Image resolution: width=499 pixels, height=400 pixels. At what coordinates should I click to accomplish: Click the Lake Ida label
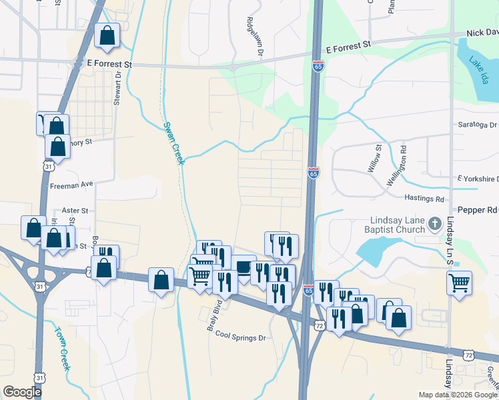coord(478,71)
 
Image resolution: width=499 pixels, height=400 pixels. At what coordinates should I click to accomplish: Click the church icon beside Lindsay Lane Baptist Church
coord(435,223)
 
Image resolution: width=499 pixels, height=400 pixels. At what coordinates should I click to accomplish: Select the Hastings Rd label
coord(424,199)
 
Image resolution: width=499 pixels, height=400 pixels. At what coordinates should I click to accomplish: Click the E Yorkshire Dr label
coord(478,179)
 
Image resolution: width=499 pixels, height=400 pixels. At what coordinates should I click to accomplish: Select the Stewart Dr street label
coord(119,89)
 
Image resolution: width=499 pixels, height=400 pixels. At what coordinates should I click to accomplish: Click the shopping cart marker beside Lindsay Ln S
coord(460,283)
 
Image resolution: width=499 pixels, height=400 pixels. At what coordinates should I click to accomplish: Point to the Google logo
coord(23,391)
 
